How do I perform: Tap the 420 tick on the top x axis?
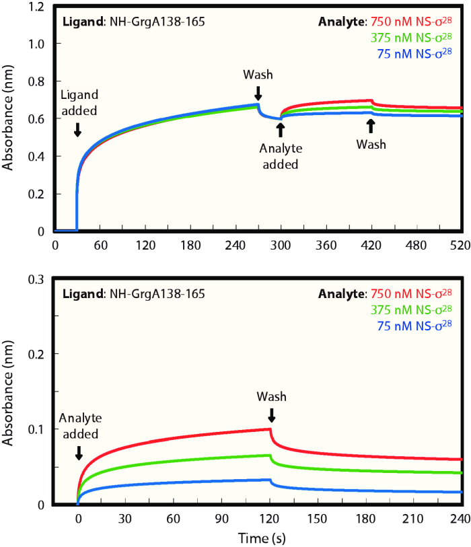[x=371, y=246]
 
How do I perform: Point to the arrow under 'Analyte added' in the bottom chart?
[x=79, y=454]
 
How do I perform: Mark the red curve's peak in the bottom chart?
[x=270, y=429]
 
